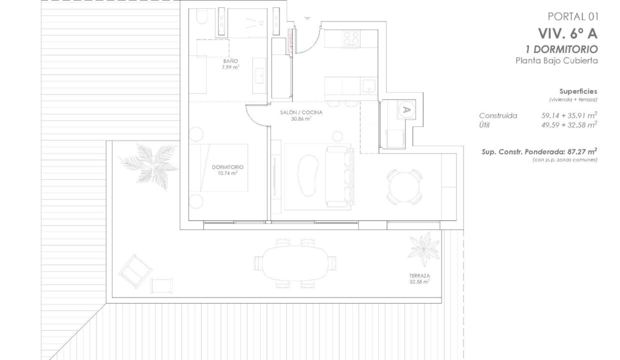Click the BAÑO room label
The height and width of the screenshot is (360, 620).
[x=230, y=61]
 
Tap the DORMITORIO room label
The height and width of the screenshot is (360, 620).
[x=227, y=167]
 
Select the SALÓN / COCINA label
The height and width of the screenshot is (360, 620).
[x=301, y=112]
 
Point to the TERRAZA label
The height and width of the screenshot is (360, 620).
[x=419, y=275]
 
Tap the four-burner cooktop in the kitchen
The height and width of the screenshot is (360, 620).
[x=351, y=38]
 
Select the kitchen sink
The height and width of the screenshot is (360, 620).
[x=369, y=85]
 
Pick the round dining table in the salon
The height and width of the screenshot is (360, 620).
[x=404, y=187]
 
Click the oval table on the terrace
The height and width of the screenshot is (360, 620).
[x=295, y=263]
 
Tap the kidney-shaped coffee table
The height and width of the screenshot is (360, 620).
[x=308, y=175]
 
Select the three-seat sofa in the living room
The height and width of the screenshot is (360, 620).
[x=339, y=177]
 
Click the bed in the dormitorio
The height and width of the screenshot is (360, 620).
[x=218, y=167]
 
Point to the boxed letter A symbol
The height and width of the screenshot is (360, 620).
[x=406, y=110]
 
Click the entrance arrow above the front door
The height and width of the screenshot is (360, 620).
[x=307, y=18]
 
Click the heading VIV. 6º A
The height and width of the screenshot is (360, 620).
[x=567, y=34]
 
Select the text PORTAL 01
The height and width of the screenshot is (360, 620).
[x=573, y=16]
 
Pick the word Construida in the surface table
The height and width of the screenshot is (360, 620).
[x=498, y=115]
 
